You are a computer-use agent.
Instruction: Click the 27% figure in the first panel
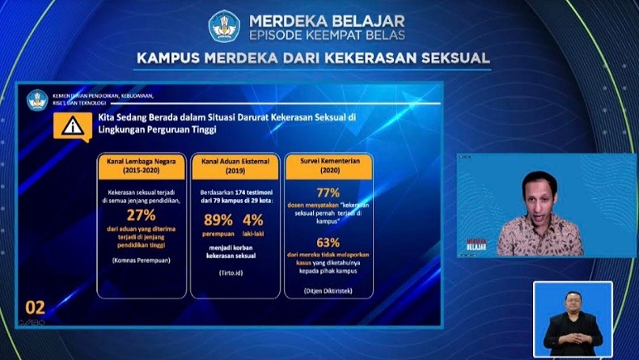coord(141,214)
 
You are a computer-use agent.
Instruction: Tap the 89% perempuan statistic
coord(218,219)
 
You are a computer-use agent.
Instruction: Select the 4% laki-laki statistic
coord(253,219)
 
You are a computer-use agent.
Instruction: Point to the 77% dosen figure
coord(328,193)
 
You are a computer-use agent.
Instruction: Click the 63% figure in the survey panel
coord(328,242)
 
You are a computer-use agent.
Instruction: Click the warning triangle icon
coord(73,126)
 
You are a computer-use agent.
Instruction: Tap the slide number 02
coord(36,307)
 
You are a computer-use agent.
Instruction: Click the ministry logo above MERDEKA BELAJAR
coord(224,26)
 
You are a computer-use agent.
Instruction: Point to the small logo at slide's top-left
coord(37,100)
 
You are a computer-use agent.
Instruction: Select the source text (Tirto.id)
coord(235,273)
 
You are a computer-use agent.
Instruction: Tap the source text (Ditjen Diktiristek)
coord(328,289)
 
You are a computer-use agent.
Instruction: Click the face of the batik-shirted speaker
coord(539,193)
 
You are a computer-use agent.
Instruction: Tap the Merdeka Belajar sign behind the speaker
coord(476,243)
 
